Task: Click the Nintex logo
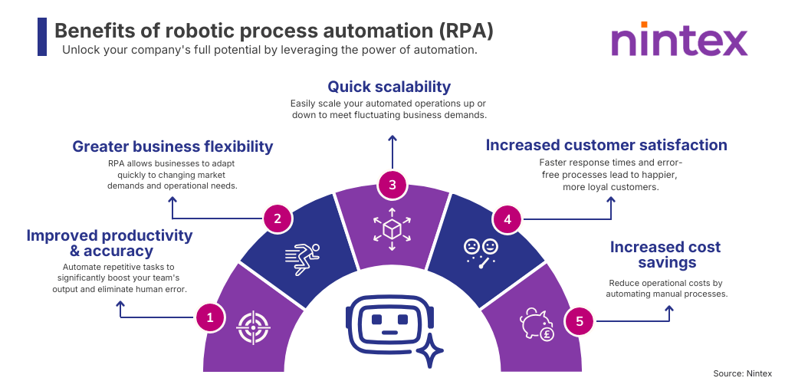(x=679, y=39)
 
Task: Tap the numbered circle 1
(x=209, y=316)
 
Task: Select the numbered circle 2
(x=277, y=219)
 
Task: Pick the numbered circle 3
(x=392, y=184)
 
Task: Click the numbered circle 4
(x=507, y=219)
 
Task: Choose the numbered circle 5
(x=579, y=321)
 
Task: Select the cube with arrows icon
(x=392, y=228)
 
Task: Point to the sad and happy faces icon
(x=481, y=252)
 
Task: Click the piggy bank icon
(x=537, y=324)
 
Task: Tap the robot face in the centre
(x=389, y=322)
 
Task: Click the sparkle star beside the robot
(x=431, y=351)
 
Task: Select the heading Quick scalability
(x=389, y=87)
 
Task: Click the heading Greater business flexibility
(x=172, y=146)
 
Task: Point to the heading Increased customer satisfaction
(x=606, y=145)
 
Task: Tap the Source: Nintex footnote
(x=742, y=373)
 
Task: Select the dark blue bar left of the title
(x=41, y=36)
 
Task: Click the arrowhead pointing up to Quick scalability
(x=392, y=139)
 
